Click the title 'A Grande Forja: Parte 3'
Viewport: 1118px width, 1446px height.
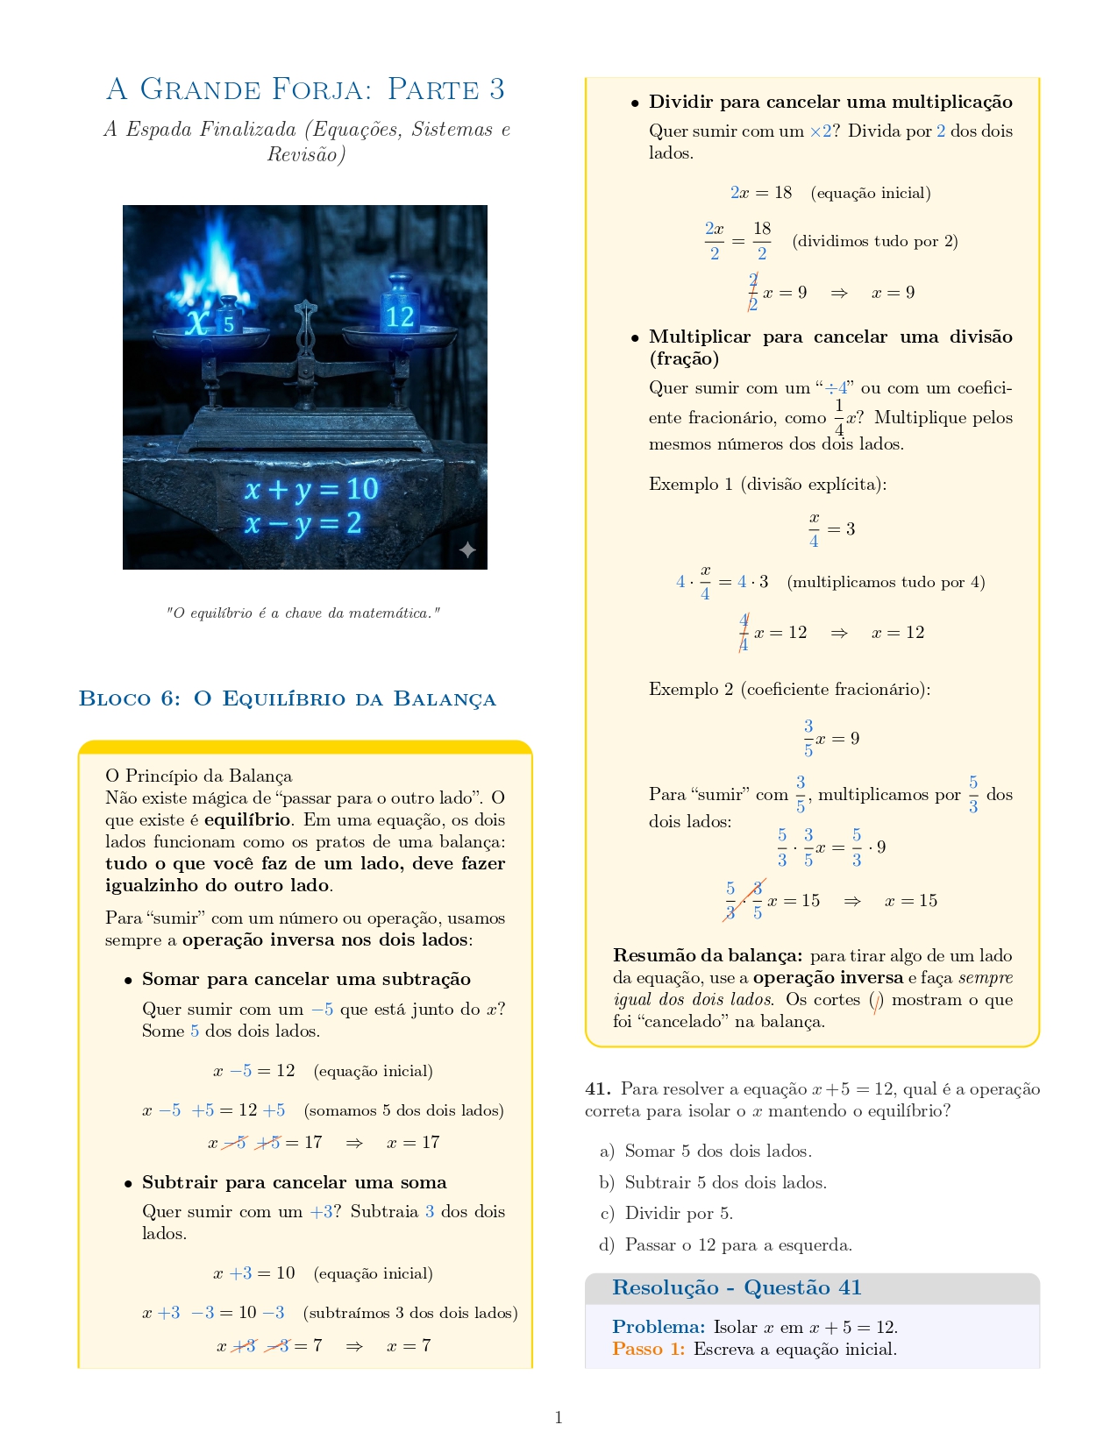pyautogui.click(x=305, y=89)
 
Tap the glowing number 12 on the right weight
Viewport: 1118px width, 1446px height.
pyautogui.click(x=399, y=315)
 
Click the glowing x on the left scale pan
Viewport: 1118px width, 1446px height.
pyautogui.click(x=198, y=323)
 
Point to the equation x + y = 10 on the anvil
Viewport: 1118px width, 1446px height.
pyautogui.click(x=311, y=489)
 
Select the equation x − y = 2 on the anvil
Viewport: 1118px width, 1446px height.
pyautogui.click(x=303, y=524)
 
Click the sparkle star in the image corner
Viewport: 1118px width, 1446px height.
pyautogui.click(x=467, y=549)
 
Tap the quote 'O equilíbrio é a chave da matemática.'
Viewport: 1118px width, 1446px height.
pyautogui.click(x=303, y=613)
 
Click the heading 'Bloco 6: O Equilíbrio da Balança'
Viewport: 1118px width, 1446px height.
pyautogui.click(x=288, y=698)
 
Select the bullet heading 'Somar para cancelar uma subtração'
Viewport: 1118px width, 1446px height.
pyautogui.click(x=306, y=979)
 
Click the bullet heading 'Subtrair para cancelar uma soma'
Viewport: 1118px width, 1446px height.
pyautogui.click(x=294, y=1182)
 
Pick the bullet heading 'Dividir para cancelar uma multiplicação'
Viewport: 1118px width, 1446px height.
pyautogui.click(x=830, y=102)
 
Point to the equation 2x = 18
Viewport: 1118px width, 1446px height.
pyautogui.click(x=760, y=193)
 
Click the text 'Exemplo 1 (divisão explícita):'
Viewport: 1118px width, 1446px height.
pyautogui.click(x=767, y=484)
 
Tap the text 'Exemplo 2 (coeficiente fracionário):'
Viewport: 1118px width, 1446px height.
pyautogui.click(x=789, y=689)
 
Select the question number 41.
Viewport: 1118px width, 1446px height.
pyautogui.click(x=597, y=1089)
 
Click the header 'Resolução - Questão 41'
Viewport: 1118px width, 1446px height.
pyautogui.click(x=737, y=1287)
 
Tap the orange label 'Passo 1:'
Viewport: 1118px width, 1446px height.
pyautogui.click(x=648, y=1349)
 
